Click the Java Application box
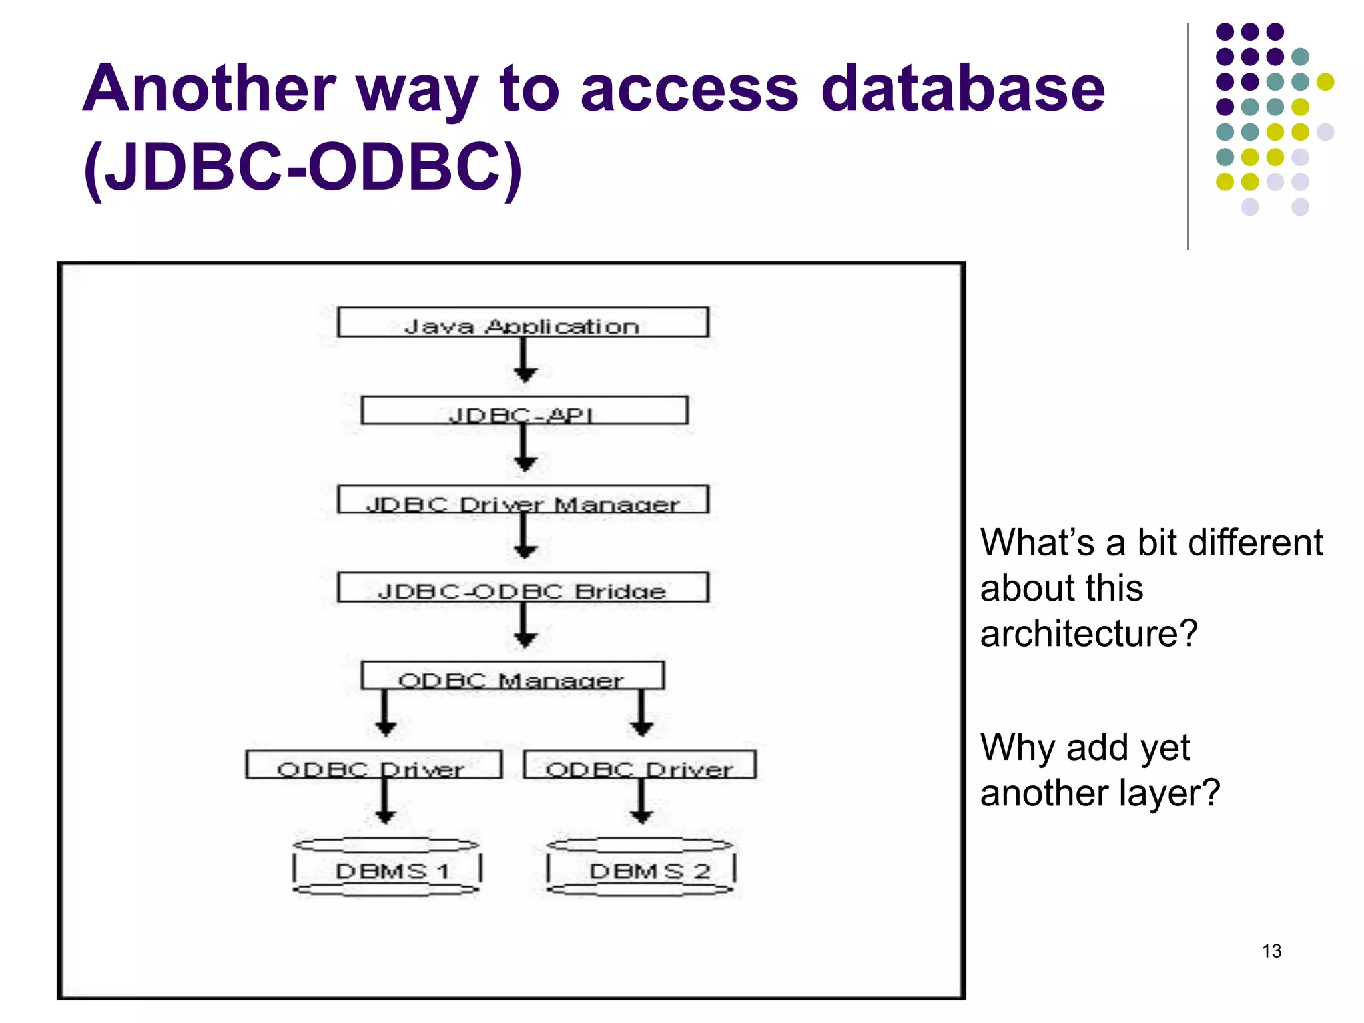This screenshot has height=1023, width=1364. click(x=523, y=322)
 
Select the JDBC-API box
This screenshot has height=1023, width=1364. click(x=524, y=410)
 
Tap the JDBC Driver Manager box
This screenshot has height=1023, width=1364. click(x=523, y=500)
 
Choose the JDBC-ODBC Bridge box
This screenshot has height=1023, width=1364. click(x=523, y=587)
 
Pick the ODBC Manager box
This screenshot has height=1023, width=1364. click(x=512, y=675)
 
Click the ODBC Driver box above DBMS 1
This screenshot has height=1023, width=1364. click(x=374, y=765)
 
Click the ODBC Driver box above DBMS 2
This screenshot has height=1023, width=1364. click(x=639, y=765)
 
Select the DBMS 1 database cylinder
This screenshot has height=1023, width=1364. click(x=387, y=867)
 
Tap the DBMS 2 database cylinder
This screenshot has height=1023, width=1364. click(x=641, y=867)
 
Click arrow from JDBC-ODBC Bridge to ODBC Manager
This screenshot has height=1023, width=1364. click(x=525, y=626)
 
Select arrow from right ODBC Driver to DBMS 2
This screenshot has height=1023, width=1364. click(x=641, y=802)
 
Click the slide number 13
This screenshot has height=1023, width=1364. click(x=1271, y=951)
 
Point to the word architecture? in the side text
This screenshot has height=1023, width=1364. click(x=1089, y=633)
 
